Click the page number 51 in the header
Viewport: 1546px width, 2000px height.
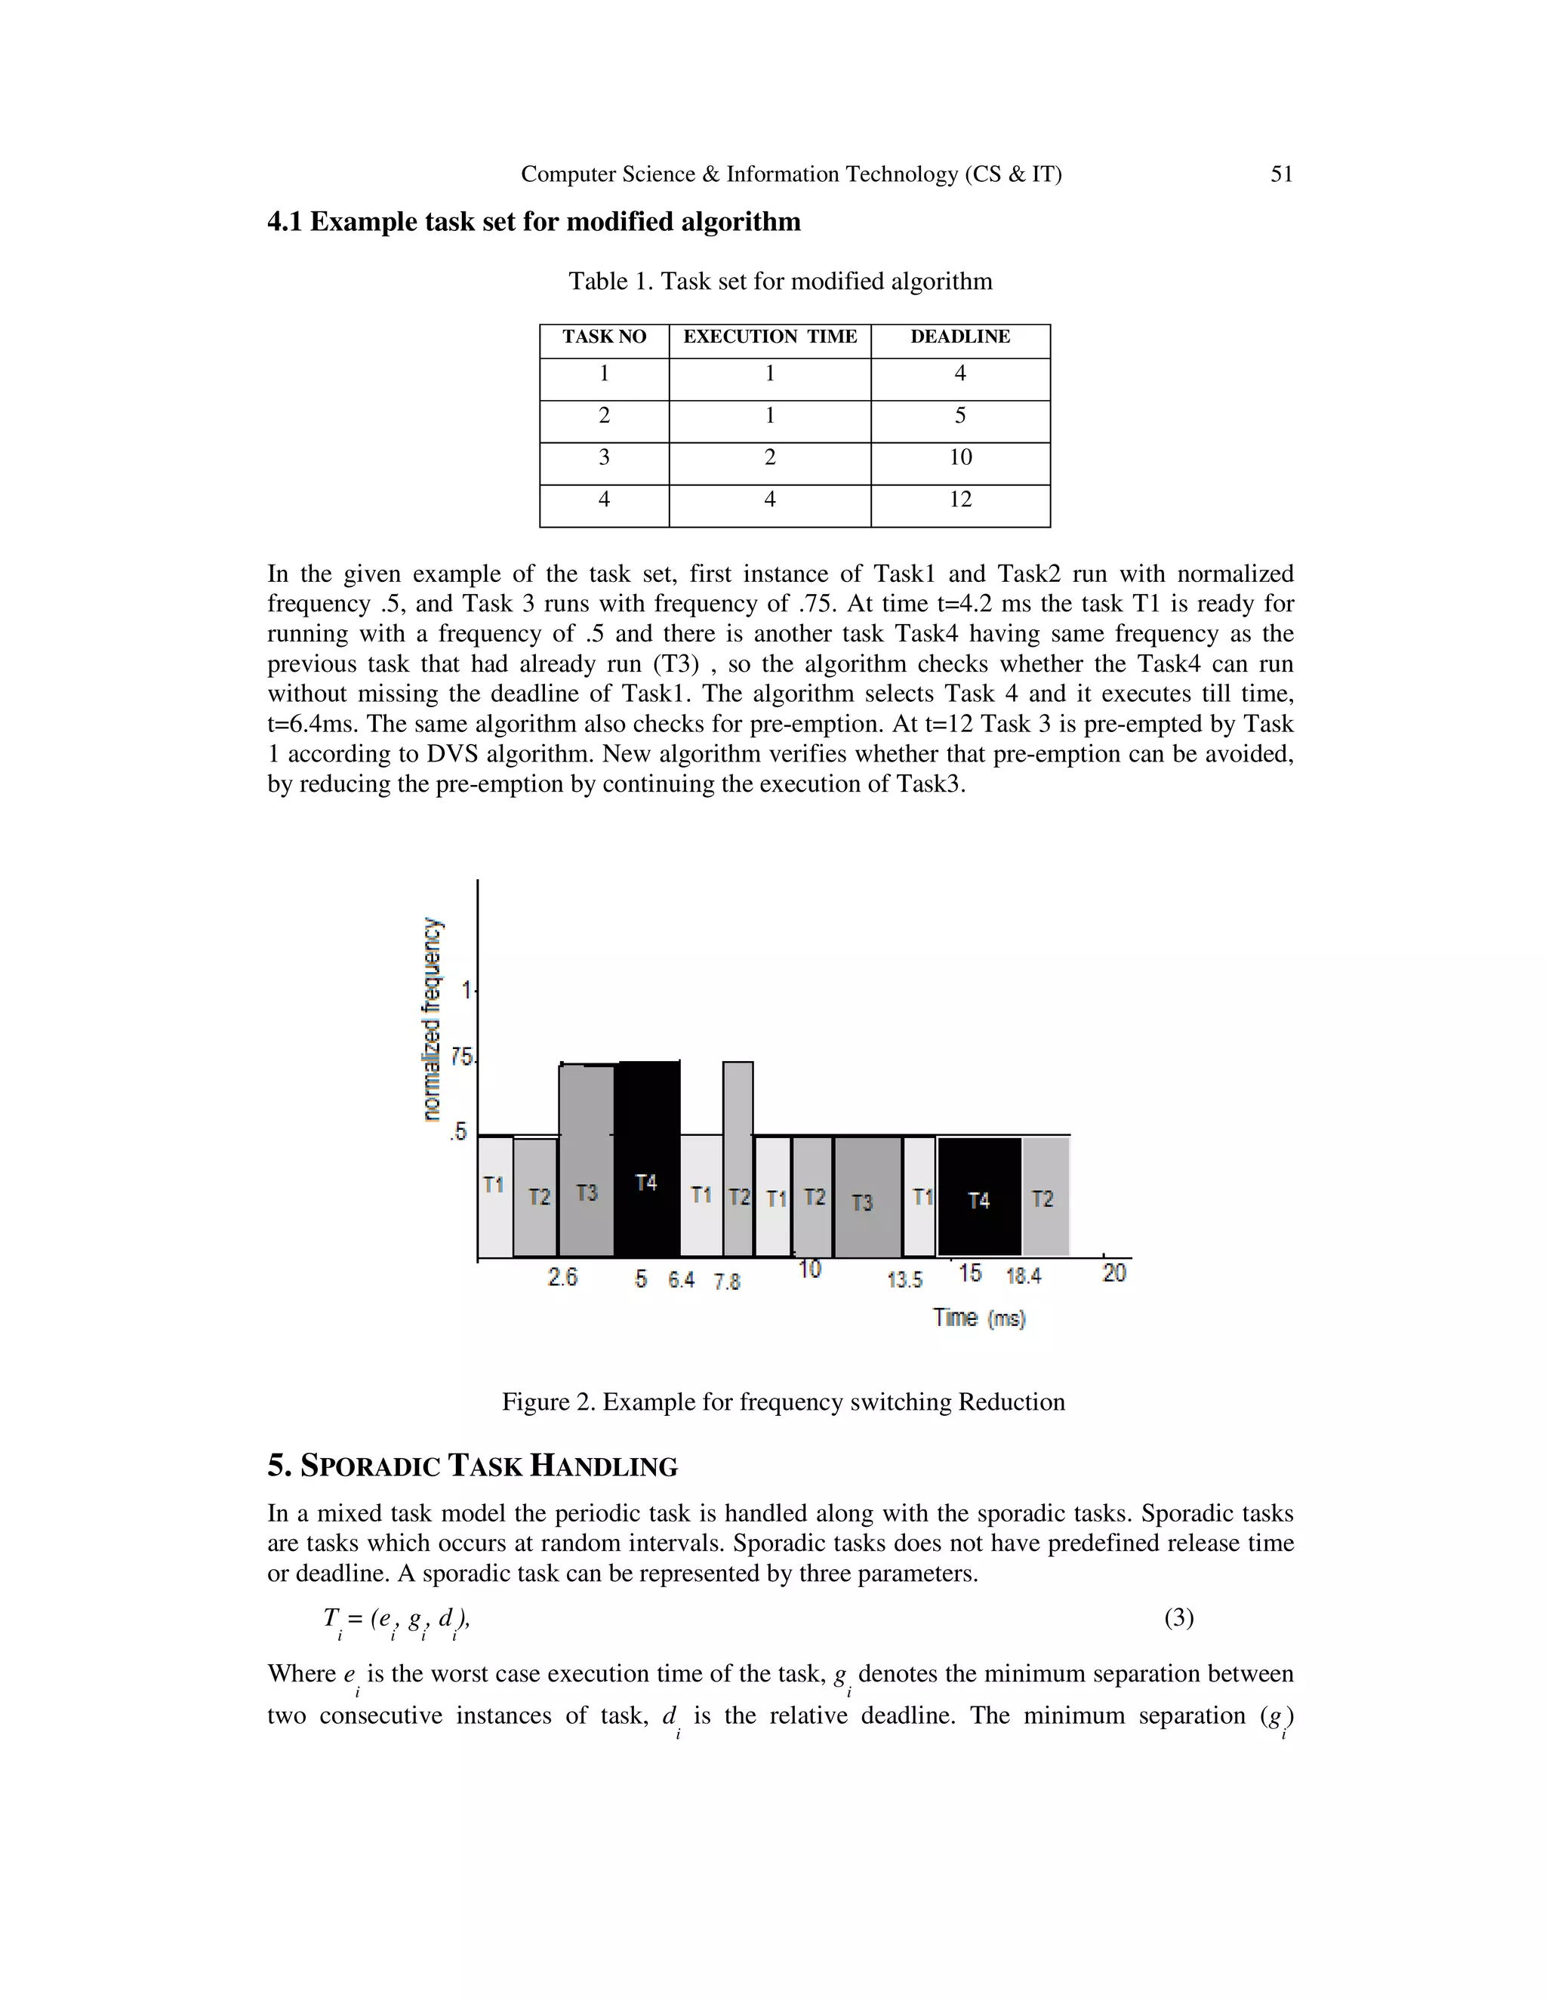1281,174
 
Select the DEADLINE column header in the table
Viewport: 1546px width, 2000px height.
960,337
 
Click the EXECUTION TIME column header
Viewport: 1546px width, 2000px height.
769,337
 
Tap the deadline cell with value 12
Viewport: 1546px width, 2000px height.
960,500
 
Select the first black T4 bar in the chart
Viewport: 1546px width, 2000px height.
647,1158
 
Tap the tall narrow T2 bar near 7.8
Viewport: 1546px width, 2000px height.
738,1158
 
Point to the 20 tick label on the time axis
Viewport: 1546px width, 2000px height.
1113,1273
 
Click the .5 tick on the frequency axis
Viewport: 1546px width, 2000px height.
459,1133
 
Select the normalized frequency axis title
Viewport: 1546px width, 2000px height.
431,1018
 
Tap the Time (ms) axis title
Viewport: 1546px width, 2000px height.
979,1318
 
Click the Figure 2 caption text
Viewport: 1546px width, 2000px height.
783,1402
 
